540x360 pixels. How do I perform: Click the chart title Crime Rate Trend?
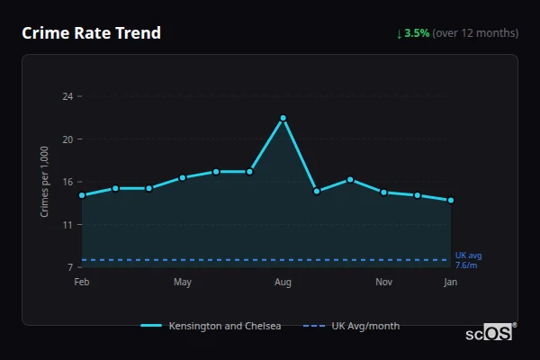(92, 33)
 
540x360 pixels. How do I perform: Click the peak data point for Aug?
(283, 118)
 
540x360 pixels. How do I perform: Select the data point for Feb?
(82, 195)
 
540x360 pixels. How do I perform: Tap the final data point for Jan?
(451, 200)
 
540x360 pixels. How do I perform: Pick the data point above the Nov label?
(383, 193)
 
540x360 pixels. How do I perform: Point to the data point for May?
(183, 177)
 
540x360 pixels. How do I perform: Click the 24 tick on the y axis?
(67, 96)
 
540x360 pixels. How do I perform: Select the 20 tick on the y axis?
(67, 139)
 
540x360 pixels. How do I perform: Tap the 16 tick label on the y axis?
(67, 182)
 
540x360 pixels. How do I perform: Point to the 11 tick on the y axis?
(67, 225)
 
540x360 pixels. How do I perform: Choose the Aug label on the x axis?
(283, 283)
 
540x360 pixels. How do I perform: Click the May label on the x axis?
(183, 283)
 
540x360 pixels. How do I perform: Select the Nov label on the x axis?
(383, 283)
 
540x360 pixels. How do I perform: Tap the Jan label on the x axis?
(451, 283)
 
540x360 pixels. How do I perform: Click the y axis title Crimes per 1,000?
(45, 182)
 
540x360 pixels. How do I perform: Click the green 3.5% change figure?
(417, 33)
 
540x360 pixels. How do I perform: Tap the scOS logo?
(490, 333)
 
